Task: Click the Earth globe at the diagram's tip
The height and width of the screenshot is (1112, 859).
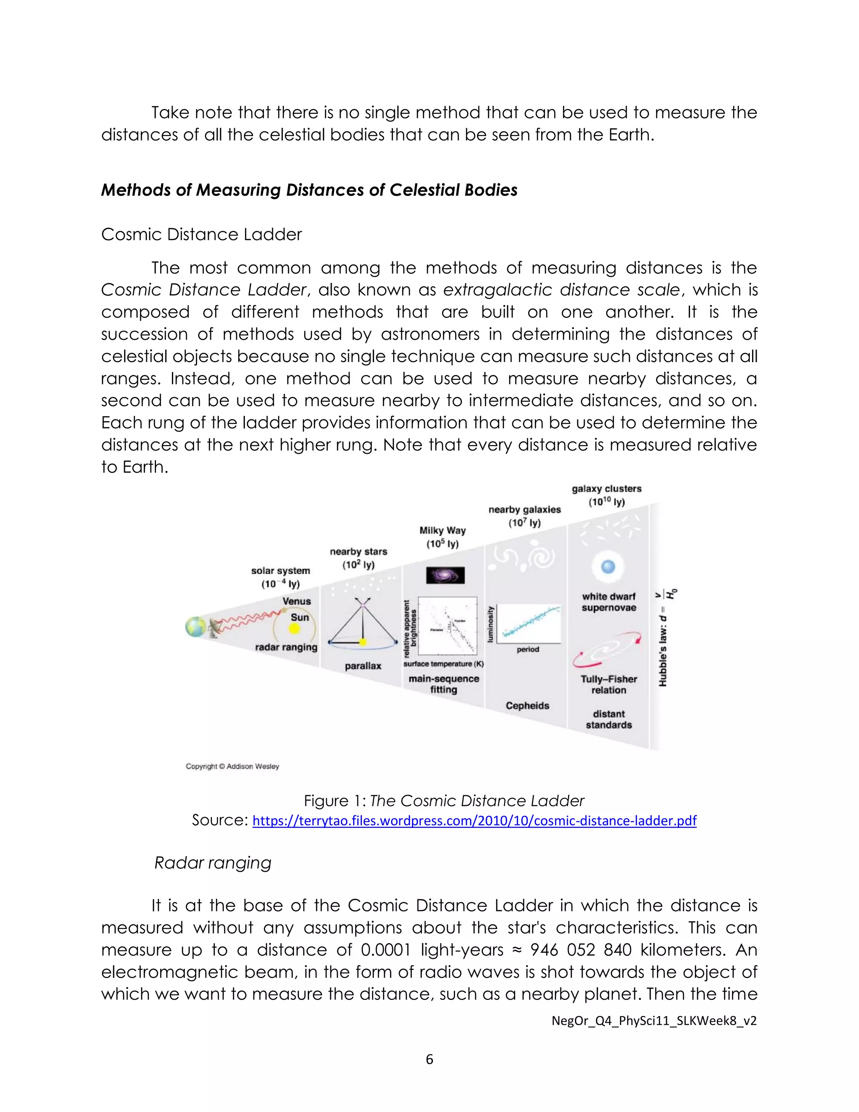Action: point(195,627)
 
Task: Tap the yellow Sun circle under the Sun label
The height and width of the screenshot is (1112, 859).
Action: point(294,629)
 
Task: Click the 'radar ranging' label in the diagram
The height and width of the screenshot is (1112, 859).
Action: point(286,647)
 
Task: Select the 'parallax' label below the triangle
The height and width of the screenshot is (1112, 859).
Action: point(363,666)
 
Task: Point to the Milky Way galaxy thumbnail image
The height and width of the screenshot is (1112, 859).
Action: point(445,575)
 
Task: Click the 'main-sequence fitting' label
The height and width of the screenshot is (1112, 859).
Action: point(444,684)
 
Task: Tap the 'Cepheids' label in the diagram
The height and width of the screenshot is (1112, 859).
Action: point(527,706)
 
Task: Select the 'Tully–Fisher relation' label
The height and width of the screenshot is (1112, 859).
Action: point(609,685)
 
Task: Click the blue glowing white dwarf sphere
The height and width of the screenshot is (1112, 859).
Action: point(608,566)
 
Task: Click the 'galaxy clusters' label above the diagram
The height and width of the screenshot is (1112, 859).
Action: point(607,489)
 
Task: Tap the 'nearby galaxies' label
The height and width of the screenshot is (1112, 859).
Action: point(525,510)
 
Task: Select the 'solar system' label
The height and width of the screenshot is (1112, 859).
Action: point(281,571)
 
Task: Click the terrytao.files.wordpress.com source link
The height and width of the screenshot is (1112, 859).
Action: point(474,821)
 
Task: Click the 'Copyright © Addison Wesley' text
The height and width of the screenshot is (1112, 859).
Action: point(232,766)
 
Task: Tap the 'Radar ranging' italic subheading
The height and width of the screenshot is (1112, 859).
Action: point(213,862)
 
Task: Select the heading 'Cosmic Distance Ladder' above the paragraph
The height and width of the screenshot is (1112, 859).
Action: point(201,234)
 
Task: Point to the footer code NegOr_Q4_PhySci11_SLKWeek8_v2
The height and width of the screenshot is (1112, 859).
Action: point(654,1021)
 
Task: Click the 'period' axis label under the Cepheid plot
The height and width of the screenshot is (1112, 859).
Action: point(528,650)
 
